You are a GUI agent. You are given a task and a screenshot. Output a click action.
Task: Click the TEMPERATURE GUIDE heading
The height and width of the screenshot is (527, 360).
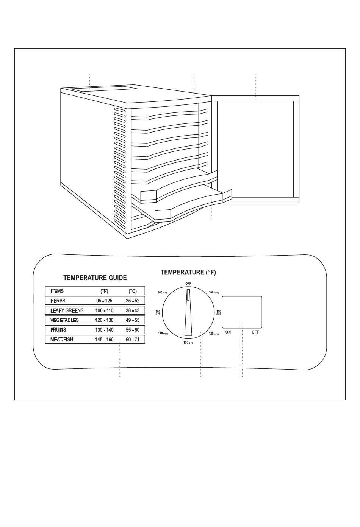coord(95,278)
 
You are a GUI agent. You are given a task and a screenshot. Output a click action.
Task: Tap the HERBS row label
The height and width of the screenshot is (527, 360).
coord(58,301)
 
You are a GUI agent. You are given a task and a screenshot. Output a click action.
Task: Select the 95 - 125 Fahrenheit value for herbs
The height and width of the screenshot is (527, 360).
coord(104,301)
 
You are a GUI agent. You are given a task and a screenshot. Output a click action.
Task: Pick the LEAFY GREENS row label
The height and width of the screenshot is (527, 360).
coord(67,310)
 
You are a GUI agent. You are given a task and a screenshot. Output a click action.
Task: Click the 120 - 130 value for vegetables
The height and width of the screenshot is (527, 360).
coord(104,320)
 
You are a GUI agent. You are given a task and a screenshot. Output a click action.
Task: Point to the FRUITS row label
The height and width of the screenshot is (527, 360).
coord(58,330)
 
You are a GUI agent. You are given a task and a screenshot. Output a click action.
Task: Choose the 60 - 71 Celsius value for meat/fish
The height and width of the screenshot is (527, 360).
coord(133,340)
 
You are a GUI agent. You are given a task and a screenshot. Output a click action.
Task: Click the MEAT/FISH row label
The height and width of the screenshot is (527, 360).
coord(62,340)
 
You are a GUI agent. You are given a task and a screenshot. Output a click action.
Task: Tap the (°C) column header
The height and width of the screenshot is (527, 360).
coord(133,291)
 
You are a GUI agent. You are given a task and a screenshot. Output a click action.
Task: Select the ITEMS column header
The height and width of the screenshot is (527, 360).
coord(57,291)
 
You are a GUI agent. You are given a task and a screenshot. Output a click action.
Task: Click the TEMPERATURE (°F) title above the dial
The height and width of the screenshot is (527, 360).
coord(188,272)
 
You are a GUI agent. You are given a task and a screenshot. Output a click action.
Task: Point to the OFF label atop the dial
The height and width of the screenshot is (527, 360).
coord(188,284)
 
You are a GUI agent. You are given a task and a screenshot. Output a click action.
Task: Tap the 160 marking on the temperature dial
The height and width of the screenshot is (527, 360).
coord(160,292)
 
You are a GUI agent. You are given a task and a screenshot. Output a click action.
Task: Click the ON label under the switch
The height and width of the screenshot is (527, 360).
coord(228,332)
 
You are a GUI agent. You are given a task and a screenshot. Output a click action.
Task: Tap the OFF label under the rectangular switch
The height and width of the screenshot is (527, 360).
coord(255,332)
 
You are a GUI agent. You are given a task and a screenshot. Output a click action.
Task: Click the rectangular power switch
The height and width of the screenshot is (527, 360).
coord(242,312)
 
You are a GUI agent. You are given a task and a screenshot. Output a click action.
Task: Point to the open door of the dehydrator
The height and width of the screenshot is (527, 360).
coord(256,148)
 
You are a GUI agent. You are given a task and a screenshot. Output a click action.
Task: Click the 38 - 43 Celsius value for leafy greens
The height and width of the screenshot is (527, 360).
coord(133,310)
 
